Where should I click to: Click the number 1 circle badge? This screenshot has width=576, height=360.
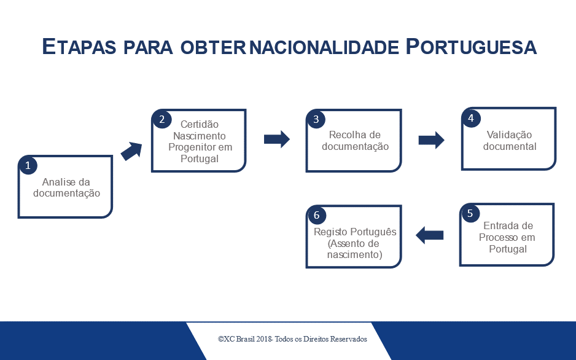tap(28, 166)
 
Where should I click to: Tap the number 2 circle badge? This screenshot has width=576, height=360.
tap(162, 119)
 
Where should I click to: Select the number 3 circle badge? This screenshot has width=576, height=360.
tap(316, 119)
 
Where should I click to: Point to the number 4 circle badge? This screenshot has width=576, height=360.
tap(472, 118)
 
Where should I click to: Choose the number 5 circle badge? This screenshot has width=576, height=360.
tap(470, 213)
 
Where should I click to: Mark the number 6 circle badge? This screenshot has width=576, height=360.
tap(317, 215)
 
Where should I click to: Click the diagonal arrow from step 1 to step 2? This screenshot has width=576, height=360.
tap(131, 151)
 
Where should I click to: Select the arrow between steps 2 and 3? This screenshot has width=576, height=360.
tap(276, 139)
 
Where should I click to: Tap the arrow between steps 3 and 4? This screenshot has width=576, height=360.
tap(431, 140)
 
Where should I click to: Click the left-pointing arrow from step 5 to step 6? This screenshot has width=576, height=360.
tap(429, 235)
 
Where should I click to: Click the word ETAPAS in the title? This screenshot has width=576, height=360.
tap(79, 47)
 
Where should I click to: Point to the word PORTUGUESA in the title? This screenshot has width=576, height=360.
tap(472, 47)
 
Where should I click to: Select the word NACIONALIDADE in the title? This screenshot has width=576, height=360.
tap(324, 47)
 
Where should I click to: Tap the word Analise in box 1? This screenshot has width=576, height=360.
tap(55, 182)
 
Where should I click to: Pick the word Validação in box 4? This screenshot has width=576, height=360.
tap(509, 135)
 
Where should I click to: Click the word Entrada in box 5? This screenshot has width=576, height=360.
tap(499, 225)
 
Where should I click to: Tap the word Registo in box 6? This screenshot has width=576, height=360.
tap(330, 232)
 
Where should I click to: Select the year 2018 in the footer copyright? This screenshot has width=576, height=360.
tap(265, 338)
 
